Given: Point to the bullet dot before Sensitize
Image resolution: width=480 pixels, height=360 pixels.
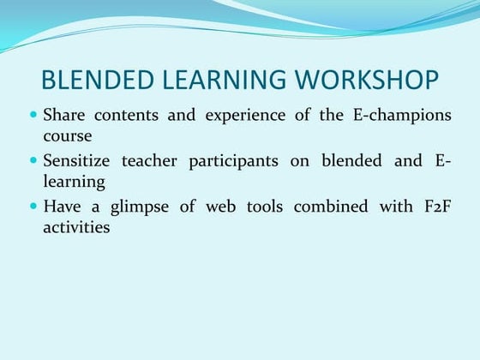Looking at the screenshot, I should (x=33, y=160).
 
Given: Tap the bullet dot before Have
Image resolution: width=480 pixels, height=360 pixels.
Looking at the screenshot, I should (x=33, y=206).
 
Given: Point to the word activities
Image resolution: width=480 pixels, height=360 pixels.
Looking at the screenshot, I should (x=76, y=228).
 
